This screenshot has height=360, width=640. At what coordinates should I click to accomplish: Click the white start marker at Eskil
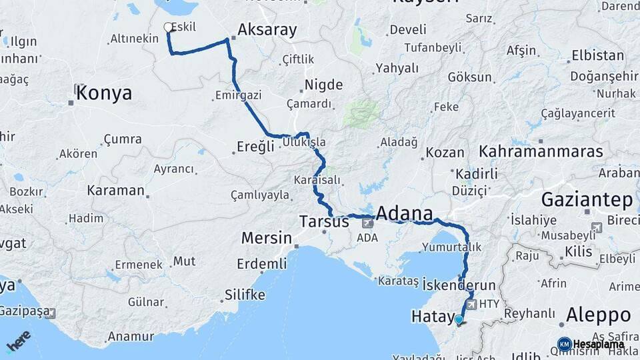click(168, 27)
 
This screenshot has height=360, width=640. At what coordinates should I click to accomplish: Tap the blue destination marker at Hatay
click(459, 320)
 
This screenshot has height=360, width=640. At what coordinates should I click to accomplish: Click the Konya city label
click(103, 93)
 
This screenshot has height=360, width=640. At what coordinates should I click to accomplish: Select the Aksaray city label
click(267, 29)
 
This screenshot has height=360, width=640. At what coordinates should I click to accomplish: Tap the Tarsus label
click(324, 221)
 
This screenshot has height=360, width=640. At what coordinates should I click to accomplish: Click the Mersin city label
click(266, 238)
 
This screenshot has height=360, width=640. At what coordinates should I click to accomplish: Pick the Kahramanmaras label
click(541, 151)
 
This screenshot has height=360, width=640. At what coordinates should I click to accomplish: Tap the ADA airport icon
click(367, 223)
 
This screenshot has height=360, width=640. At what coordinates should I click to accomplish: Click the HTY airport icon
click(472, 304)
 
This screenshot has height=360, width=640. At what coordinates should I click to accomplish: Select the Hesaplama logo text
click(599, 344)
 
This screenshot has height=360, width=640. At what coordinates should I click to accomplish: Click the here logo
click(19, 341)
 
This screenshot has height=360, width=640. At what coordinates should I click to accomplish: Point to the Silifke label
click(245, 295)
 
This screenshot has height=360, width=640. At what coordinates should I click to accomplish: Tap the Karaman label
click(115, 190)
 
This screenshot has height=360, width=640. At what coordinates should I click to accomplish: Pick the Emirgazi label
click(237, 95)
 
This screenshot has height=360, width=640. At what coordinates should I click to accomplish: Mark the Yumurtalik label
click(451, 247)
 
